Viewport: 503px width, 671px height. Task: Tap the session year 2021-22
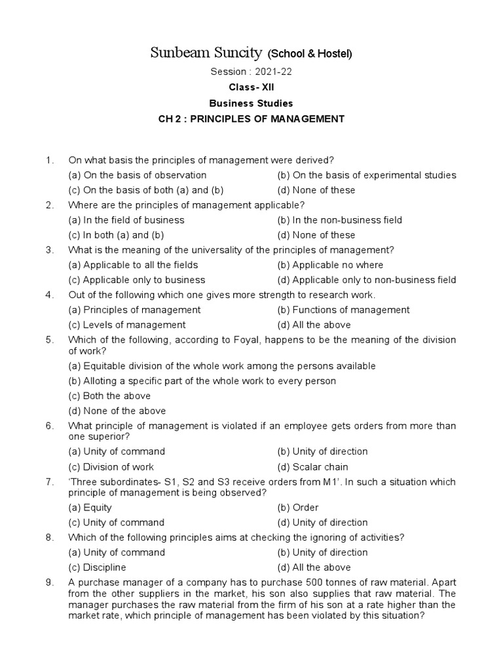click(266, 72)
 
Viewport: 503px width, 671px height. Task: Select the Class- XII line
click(251, 88)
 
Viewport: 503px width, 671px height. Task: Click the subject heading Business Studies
click(251, 104)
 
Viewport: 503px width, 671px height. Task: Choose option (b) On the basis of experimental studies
click(367, 175)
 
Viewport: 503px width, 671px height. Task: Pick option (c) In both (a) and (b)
click(116, 235)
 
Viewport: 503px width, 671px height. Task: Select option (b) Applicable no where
click(330, 265)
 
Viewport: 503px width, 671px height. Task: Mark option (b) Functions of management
click(343, 310)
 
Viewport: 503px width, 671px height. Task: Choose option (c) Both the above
click(109, 396)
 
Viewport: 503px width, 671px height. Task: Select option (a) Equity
click(90, 507)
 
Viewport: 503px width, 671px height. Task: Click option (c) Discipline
click(97, 567)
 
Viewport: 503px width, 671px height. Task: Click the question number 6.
click(48, 426)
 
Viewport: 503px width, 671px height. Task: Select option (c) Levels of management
click(127, 325)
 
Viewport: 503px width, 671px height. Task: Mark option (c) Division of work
click(111, 467)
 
